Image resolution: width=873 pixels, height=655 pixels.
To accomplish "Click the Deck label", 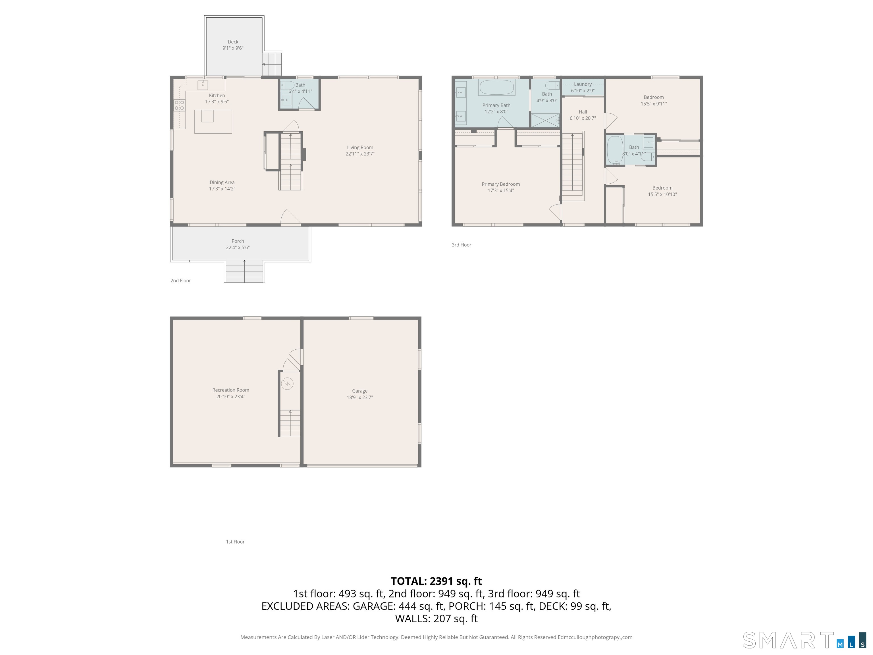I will (233, 42).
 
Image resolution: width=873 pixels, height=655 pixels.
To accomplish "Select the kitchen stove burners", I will (179, 105).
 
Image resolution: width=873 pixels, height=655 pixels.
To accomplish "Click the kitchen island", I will (213, 122).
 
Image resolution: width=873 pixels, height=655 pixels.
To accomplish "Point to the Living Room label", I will (360, 148).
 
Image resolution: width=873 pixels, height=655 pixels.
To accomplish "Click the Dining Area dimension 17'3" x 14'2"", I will (222, 189).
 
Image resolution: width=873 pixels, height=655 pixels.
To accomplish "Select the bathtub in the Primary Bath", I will (496, 87).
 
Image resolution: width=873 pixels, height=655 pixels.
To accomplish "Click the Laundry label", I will (583, 84).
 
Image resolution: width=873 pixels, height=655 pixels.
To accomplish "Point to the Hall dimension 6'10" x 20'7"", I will (583, 118).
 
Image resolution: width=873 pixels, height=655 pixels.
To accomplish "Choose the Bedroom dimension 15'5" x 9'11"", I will (654, 104).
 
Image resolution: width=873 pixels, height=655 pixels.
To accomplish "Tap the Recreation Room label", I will (230, 390).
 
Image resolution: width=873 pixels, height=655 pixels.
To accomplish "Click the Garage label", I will (359, 391).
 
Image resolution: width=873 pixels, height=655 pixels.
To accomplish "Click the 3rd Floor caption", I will (461, 245).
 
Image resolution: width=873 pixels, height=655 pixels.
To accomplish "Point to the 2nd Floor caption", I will (180, 281).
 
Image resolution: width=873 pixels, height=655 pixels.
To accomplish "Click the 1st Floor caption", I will (235, 542).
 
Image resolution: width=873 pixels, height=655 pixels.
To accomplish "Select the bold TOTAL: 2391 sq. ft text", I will (436, 581).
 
